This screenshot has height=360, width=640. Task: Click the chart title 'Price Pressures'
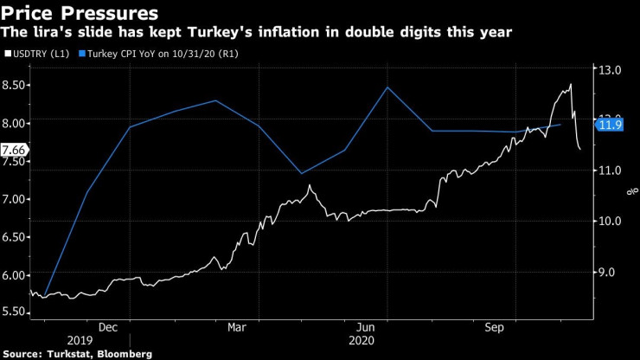(x=80, y=13)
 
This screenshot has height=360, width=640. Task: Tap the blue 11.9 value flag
(x=610, y=125)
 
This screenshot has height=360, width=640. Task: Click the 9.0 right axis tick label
(x=612, y=273)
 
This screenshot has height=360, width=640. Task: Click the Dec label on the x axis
(x=109, y=327)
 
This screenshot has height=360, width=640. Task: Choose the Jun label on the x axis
(x=366, y=327)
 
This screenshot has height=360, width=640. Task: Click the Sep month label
(x=494, y=327)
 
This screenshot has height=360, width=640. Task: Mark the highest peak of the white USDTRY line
(x=571, y=85)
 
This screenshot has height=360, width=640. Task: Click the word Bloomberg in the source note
(x=125, y=354)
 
